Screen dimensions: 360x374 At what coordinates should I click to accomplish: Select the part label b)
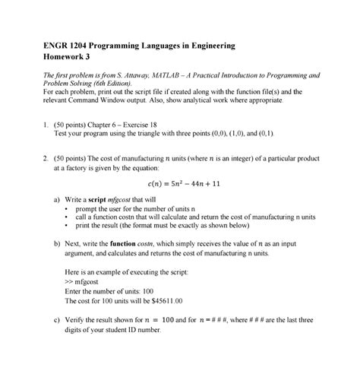58,244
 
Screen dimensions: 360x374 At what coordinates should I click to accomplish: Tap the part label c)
58,321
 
